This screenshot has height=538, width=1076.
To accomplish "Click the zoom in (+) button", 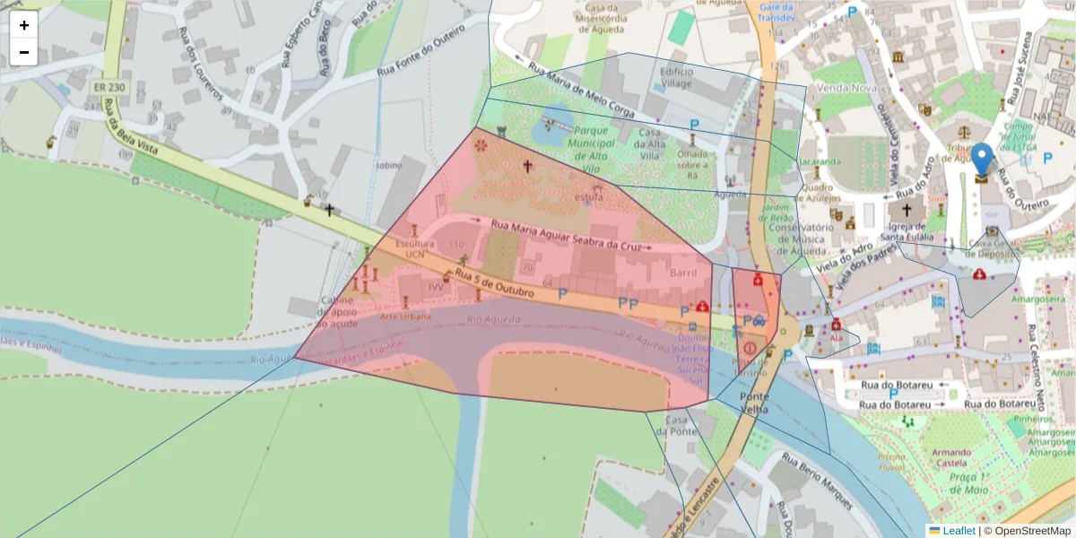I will (x=24, y=25).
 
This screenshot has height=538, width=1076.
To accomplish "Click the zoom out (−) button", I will (x=24, y=52).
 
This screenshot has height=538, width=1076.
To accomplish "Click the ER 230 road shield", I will (x=108, y=88).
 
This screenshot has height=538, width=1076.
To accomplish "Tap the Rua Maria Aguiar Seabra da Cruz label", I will (x=567, y=234).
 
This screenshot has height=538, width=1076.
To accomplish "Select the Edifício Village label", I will (x=676, y=77).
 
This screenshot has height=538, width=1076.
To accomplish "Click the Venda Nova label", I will (x=846, y=88).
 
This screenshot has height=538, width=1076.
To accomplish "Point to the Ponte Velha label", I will (x=754, y=403).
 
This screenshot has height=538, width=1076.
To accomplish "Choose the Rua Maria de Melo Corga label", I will (x=581, y=91).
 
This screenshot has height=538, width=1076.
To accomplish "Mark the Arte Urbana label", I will (x=405, y=317).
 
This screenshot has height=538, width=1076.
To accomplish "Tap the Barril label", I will (x=683, y=272).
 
